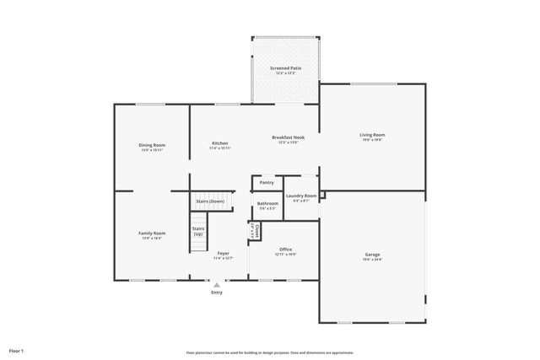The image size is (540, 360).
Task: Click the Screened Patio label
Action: (x=285, y=67)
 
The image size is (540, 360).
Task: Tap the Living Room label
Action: (x=372, y=135)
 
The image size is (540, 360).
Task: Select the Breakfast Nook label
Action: (x=288, y=137)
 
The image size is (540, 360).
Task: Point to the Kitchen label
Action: (x=219, y=143)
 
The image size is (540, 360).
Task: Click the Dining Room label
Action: (x=152, y=145)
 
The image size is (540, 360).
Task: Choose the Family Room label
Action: (x=152, y=233)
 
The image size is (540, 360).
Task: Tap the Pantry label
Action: (x=267, y=182)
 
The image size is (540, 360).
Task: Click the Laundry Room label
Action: (x=301, y=196)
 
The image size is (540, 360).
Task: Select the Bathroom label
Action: (x=267, y=203)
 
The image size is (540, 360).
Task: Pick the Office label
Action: (x=285, y=249)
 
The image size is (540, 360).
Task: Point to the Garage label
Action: (x=372, y=254)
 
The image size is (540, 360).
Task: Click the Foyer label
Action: (x=223, y=253)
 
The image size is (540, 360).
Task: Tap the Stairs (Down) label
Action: (x=210, y=201)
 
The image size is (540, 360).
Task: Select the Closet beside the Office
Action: (x=253, y=229)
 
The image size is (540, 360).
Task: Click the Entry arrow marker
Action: (x=217, y=285)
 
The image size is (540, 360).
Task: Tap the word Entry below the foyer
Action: (x=217, y=292)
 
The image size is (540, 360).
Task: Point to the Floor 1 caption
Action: (x=17, y=350)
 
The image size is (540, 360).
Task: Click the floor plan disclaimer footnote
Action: (x=270, y=352)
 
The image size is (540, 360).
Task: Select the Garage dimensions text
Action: (x=372, y=260)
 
